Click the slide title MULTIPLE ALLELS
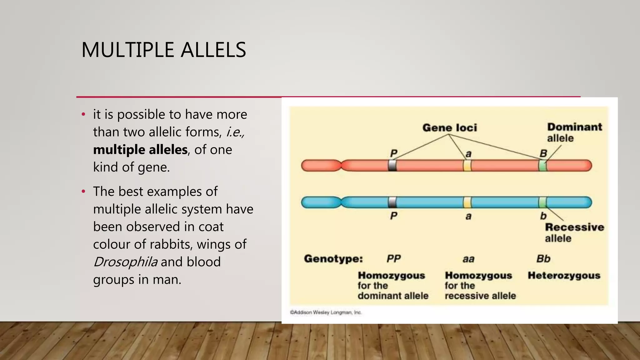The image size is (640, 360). pyautogui.click(x=163, y=50)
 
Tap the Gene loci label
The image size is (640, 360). pyautogui.click(x=449, y=127)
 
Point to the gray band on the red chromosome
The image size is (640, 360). pyautogui.click(x=392, y=165)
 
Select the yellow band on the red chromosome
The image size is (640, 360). pyautogui.click(x=467, y=165)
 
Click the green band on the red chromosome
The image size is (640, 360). pyautogui.click(x=543, y=165)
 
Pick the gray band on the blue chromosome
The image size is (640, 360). pyautogui.click(x=392, y=202)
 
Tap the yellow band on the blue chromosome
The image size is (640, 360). pyautogui.click(x=467, y=202)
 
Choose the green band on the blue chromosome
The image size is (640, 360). pyautogui.click(x=542, y=202)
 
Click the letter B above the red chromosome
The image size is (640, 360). pyautogui.click(x=543, y=153)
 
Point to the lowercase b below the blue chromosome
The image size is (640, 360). pyautogui.click(x=543, y=216)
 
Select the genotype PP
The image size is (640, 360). pyautogui.click(x=393, y=259)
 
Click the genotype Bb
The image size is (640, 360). pyautogui.click(x=543, y=259)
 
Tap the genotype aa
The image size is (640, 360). pyautogui.click(x=468, y=259)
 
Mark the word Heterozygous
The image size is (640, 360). pyautogui.click(x=564, y=276)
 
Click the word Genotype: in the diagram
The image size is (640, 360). pyautogui.click(x=333, y=259)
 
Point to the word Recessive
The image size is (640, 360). pyautogui.click(x=574, y=227)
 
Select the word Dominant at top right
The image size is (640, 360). pyautogui.click(x=574, y=127)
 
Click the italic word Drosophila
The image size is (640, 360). pyautogui.click(x=125, y=262)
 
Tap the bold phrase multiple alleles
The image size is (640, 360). pyautogui.click(x=140, y=150)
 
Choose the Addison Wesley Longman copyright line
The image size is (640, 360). pyautogui.click(x=326, y=312)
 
